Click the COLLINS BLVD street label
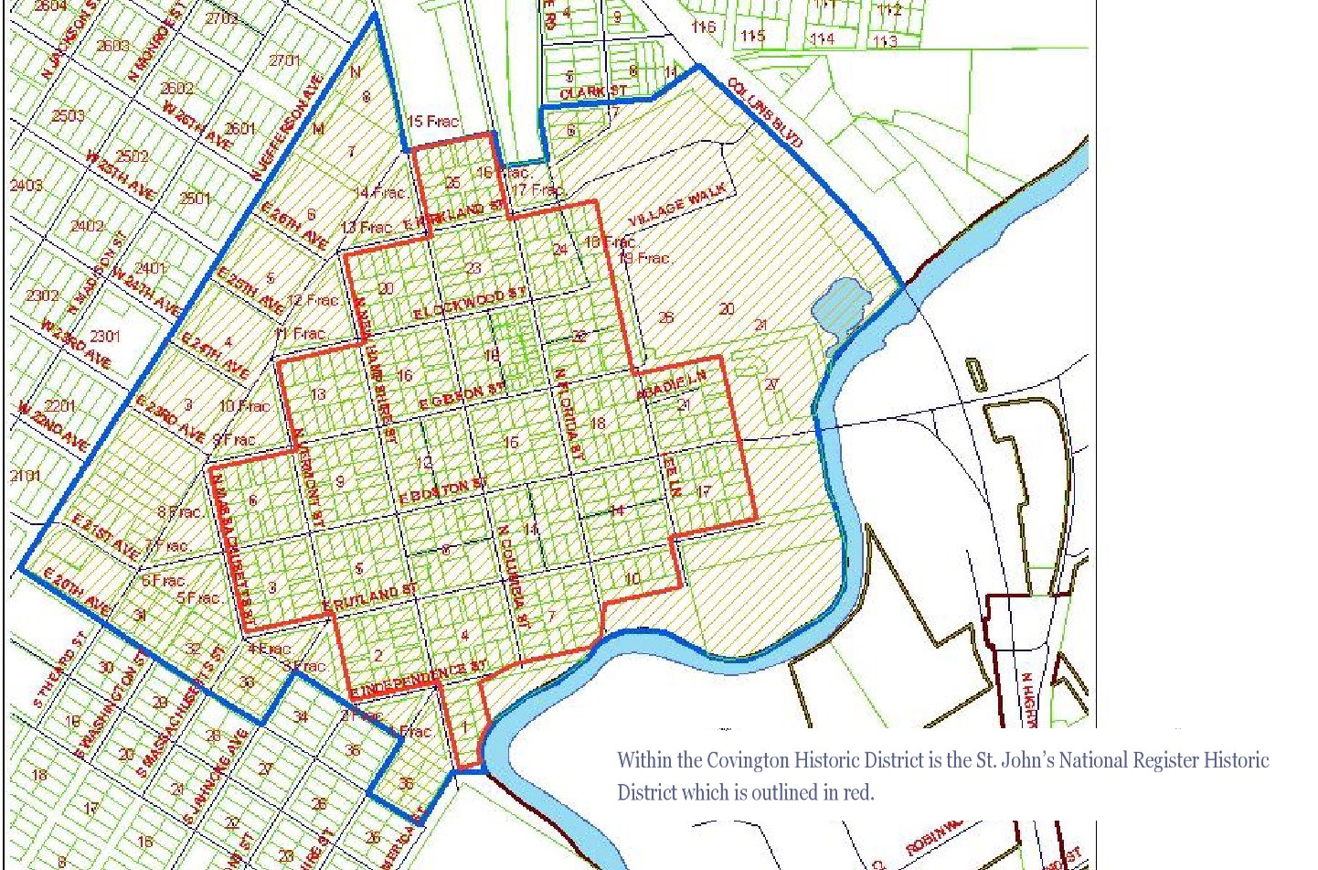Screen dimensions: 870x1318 tap(764, 113)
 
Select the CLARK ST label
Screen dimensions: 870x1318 tap(593, 92)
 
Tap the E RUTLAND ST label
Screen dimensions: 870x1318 tap(369, 599)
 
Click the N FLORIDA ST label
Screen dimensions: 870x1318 tap(568, 414)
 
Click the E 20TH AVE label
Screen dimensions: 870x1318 tap(77, 593)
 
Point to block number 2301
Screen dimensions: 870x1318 tap(104, 337)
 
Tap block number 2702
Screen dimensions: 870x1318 tap(221, 18)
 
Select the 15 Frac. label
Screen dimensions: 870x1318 tap(432, 121)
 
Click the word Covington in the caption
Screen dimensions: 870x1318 tap(747, 760)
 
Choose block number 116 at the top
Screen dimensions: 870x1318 tap(703, 27)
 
